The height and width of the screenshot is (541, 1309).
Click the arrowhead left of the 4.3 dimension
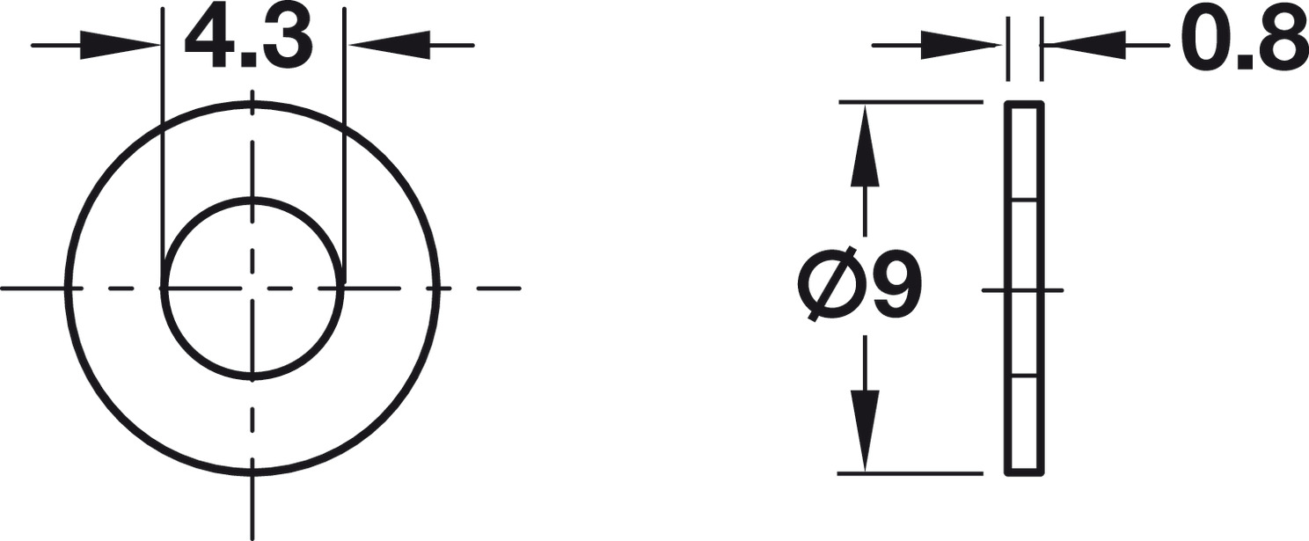(120, 45)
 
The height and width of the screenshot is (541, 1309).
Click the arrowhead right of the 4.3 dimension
(387, 45)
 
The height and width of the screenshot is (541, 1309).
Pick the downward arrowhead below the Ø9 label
(865, 430)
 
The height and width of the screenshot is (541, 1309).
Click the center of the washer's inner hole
(252, 289)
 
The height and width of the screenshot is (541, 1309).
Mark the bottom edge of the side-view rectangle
(1025, 472)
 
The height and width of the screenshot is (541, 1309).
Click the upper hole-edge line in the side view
(1025, 200)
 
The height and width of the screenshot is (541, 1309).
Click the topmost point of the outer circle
(252, 105)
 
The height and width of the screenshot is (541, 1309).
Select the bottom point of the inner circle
(252, 377)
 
